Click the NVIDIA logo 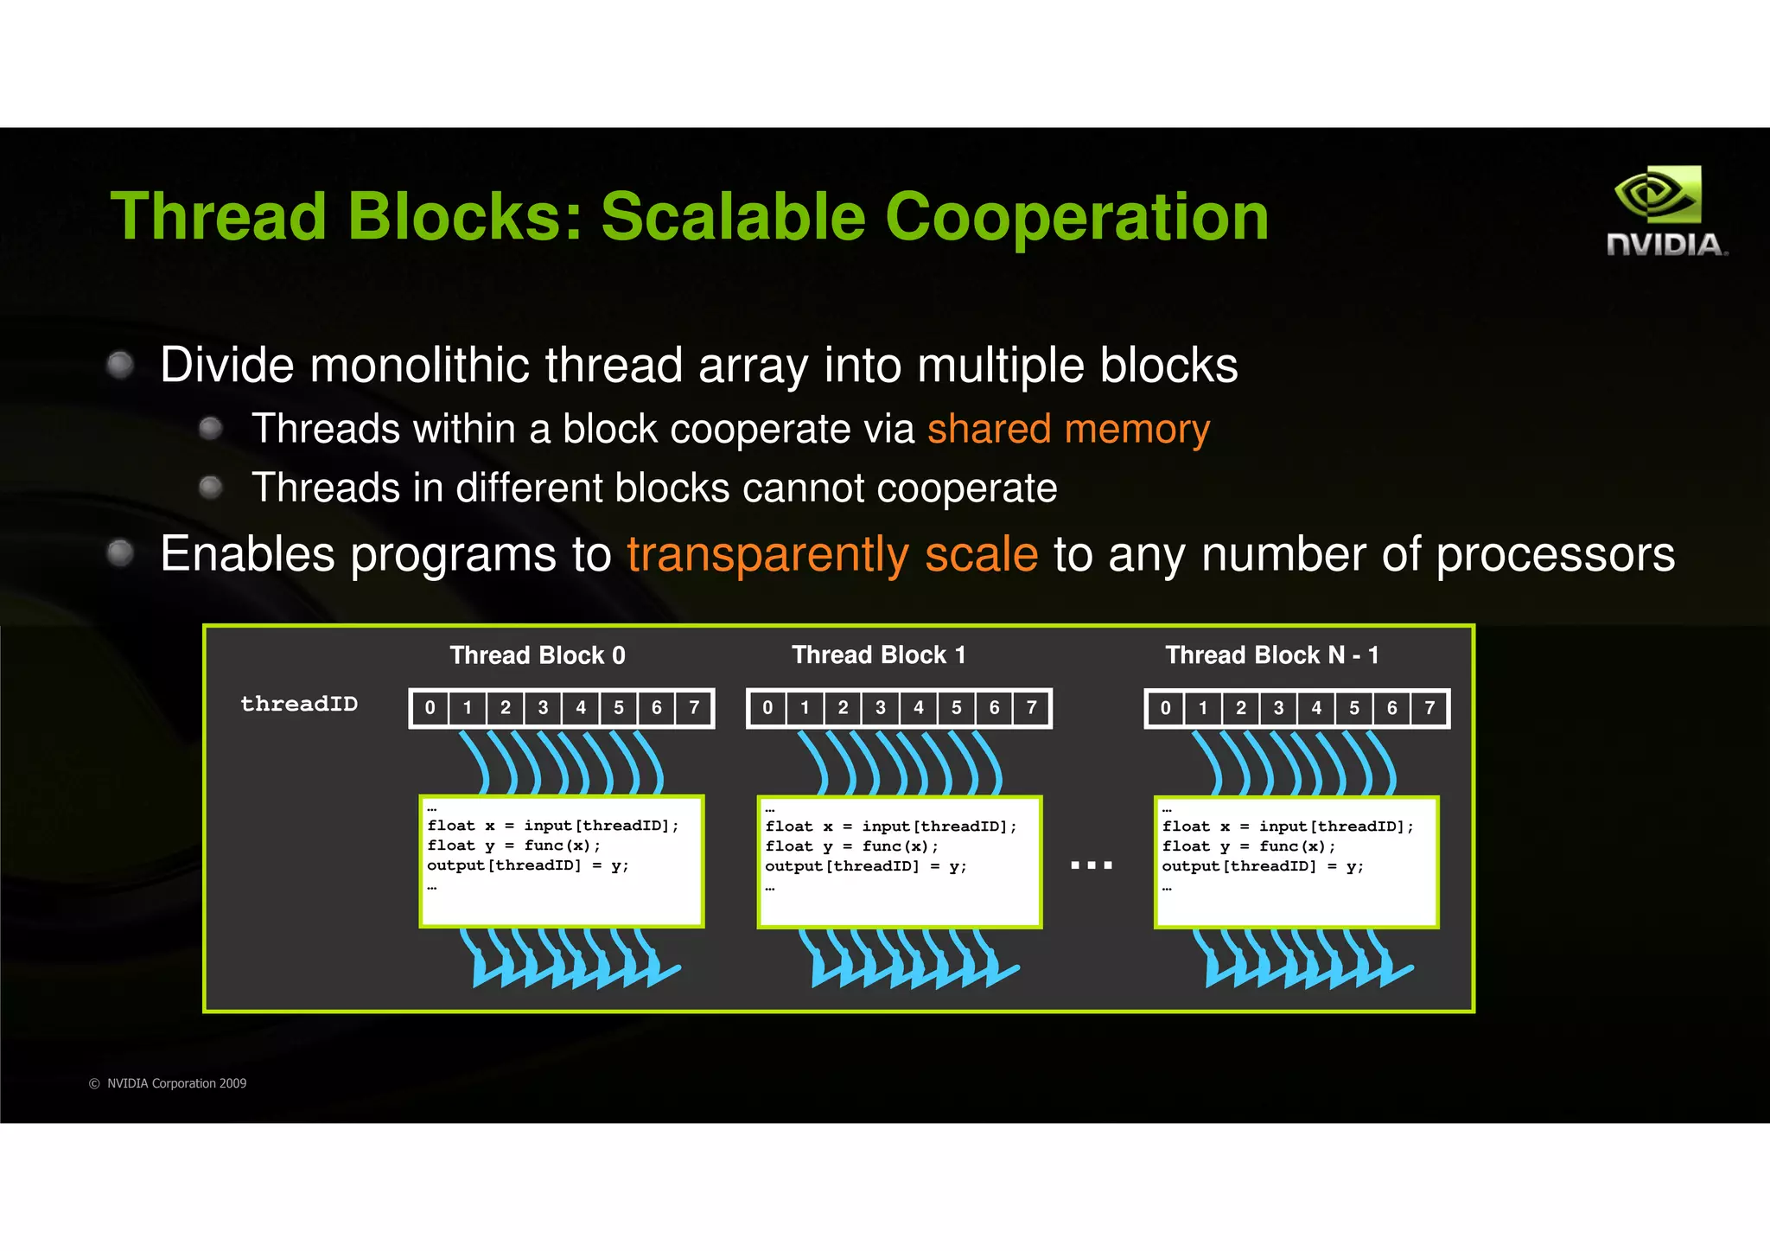coord(1665,212)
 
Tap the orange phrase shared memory coord(1068,430)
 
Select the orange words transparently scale coord(832,554)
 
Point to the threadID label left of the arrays coord(299,704)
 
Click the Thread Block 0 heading coord(538,655)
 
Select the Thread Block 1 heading coord(879,655)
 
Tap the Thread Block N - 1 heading coord(1272,655)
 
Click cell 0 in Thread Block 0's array coord(430,708)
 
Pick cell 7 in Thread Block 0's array coord(694,708)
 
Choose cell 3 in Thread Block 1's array coord(881,708)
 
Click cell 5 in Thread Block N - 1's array coord(1354,708)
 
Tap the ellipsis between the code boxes coord(1092,865)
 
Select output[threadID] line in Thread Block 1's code coord(865,866)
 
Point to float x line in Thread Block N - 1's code coord(1288,827)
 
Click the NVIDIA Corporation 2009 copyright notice coord(168,1083)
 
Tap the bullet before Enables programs coord(120,552)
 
